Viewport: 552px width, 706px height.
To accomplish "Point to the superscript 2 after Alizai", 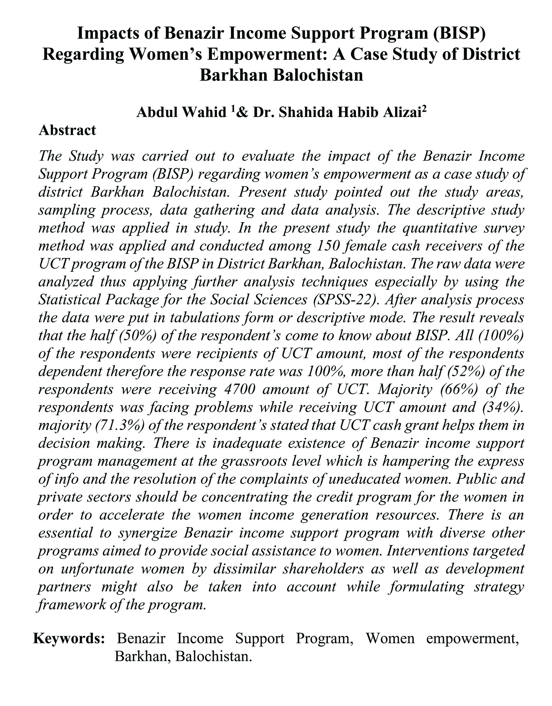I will [424, 109].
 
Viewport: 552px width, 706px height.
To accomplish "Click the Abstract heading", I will [67, 130].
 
